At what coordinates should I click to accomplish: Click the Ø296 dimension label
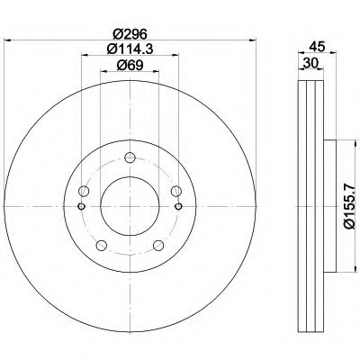pyautogui.click(x=130, y=34)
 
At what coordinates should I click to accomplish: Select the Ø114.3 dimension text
pyautogui.click(x=130, y=49)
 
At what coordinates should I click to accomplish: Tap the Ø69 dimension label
pyautogui.click(x=130, y=65)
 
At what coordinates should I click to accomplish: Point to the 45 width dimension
pyautogui.click(x=317, y=47)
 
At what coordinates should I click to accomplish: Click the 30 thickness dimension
pyautogui.click(x=310, y=63)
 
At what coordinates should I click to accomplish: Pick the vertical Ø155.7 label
pyautogui.click(x=349, y=206)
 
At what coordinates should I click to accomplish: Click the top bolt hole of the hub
pyautogui.click(x=130, y=157)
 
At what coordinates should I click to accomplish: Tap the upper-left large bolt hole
pyautogui.click(x=84, y=191)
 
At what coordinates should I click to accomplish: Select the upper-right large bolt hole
pyautogui.click(x=176, y=191)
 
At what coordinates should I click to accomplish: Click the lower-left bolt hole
pyautogui.click(x=102, y=245)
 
